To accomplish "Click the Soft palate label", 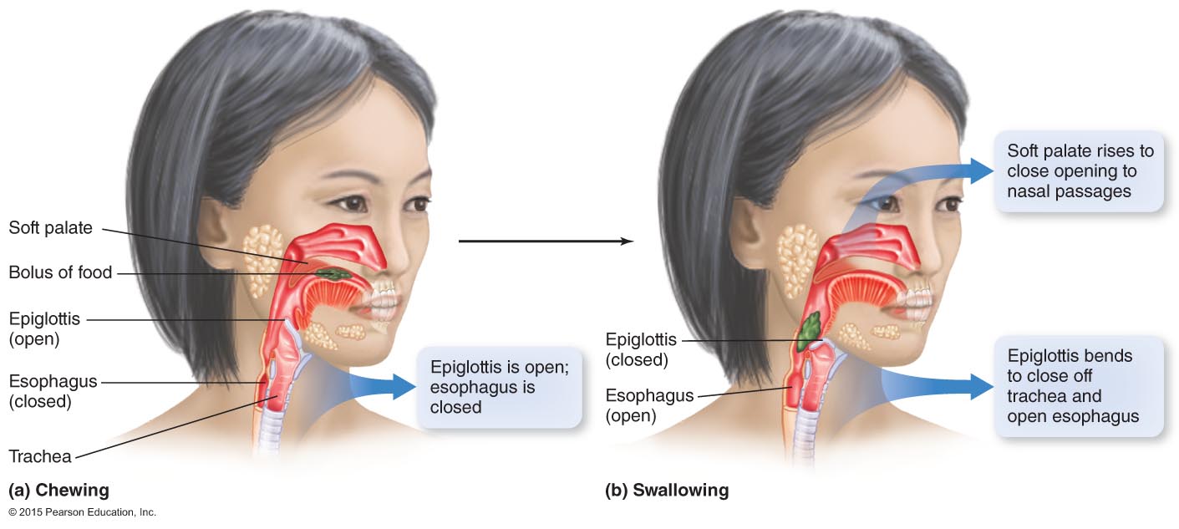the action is click(50, 227).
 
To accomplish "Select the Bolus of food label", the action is click(60, 272).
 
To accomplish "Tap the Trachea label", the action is click(40, 456).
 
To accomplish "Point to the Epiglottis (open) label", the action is click(46, 328).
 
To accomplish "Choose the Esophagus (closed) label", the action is click(53, 391).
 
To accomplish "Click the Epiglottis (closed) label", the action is click(642, 350).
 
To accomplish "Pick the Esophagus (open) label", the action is click(649, 405).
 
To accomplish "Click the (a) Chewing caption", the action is click(58, 490).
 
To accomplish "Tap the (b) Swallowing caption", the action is click(667, 490).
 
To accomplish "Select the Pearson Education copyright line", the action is click(82, 511).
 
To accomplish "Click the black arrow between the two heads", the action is click(546, 242).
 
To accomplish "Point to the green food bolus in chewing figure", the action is click(333, 273).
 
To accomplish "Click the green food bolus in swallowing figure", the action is click(809, 332).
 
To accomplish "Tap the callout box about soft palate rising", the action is click(1080, 171).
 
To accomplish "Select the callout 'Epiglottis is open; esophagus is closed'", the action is click(499, 387).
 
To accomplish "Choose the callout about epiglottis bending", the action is click(1078, 385).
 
